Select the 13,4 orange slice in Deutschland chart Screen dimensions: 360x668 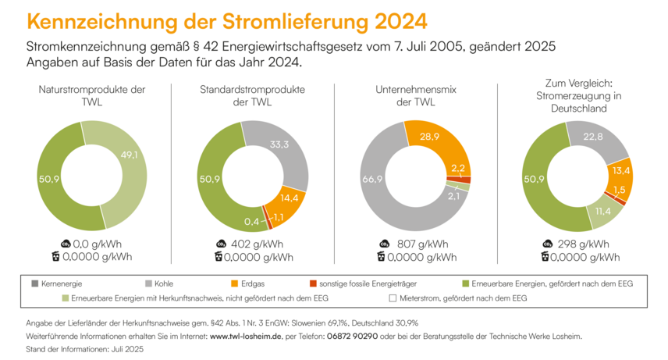622,171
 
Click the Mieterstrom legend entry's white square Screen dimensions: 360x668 393,298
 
